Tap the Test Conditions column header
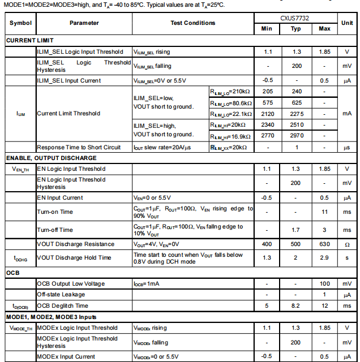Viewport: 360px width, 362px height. coord(193,23)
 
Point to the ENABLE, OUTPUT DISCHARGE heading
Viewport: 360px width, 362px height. coord(52,158)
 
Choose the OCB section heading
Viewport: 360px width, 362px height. coord(13,273)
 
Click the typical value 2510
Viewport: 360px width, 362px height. coord(296,125)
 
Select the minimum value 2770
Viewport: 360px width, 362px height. coord(268,136)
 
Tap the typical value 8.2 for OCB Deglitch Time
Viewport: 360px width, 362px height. coord(296,305)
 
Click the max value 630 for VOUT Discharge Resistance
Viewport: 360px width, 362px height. coord(324,244)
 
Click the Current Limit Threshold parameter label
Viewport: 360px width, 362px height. coord(68,113)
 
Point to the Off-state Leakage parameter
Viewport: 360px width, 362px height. coord(61,295)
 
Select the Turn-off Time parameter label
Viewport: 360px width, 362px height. coord(55,230)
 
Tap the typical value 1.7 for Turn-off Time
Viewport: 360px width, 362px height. coord(296,230)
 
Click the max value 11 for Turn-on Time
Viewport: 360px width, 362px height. coord(324,212)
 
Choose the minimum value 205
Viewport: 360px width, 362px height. coord(268,91)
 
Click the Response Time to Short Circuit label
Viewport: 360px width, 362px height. coord(79,147)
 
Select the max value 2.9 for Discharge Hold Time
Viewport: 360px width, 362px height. coord(324,258)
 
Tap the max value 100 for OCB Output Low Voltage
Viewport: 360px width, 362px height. coord(324,283)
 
